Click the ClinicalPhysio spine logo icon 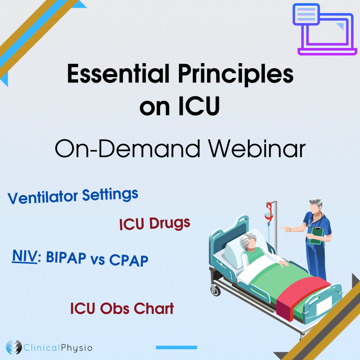point(14,348)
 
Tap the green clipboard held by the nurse point(316,235)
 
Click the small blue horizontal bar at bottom point(176,347)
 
